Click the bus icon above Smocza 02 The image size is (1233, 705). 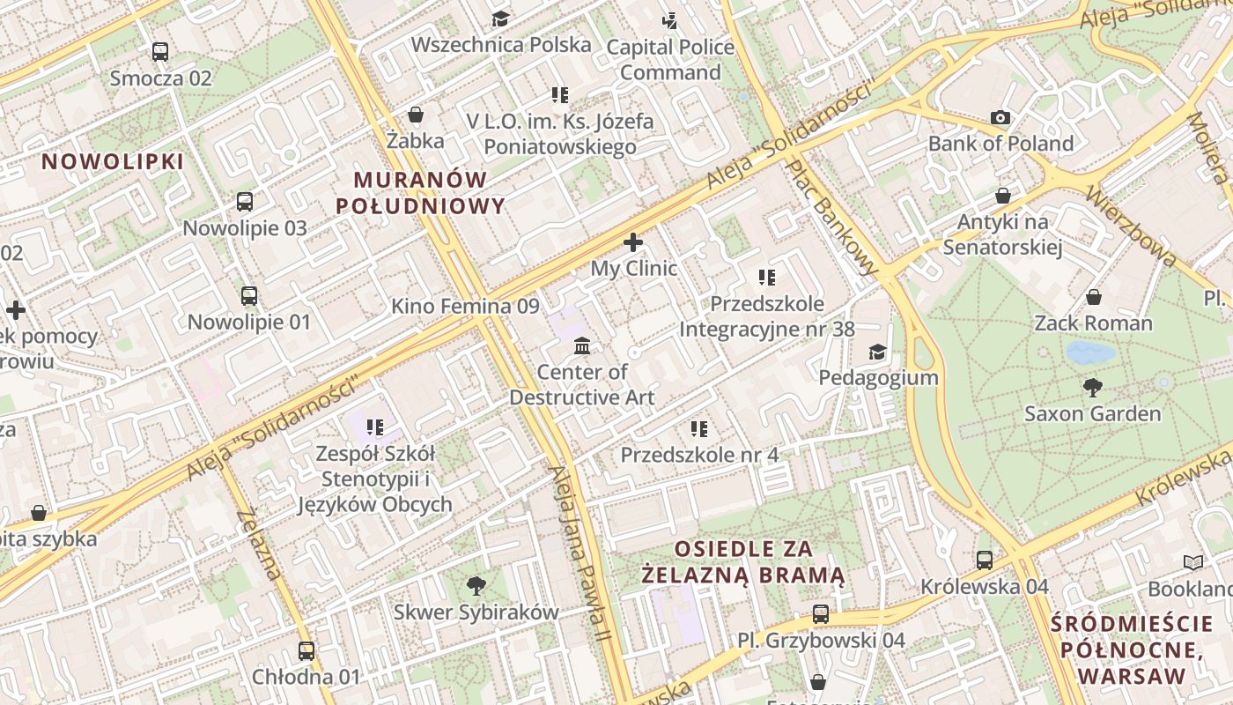pyautogui.click(x=159, y=52)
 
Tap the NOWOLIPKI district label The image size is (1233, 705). pyautogui.click(x=113, y=162)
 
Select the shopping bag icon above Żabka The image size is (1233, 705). pyautogui.click(x=416, y=115)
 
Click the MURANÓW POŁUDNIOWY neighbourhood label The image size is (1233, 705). pyautogui.click(x=420, y=193)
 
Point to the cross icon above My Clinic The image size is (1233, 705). pyautogui.click(x=632, y=242)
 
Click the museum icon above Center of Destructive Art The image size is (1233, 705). pyautogui.click(x=581, y=345)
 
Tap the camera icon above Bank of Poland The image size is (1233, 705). pyautogui.click(x=1000, y=117)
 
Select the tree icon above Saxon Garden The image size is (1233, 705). pyautogui.click(x=1092, y=387)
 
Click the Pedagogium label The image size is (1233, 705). pyautogui.click(x=878, y=378)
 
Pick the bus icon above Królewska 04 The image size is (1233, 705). pyautogui.click(x=985, y=560)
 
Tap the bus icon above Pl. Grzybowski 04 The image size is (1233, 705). pyautogui.click(x=821, y=614)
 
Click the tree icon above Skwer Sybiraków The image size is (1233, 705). pyautogui.click(x=476, y=585)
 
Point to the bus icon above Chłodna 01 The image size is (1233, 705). pyautogui.click(x=306, y=651)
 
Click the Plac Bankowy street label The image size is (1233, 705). pyautogui.click(x=832, y=217)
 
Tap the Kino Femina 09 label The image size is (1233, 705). pyautogui.click(x=464, y=307)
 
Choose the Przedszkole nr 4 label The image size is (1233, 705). pyautogui.click(x=699, y=455)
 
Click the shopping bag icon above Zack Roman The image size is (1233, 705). pyautogui.click(x=1093, y=297)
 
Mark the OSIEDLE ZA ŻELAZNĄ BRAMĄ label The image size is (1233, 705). pyautogui.click(x=742, y=562)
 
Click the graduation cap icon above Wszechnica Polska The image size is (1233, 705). pyautogui.click(x=500, y=19)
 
